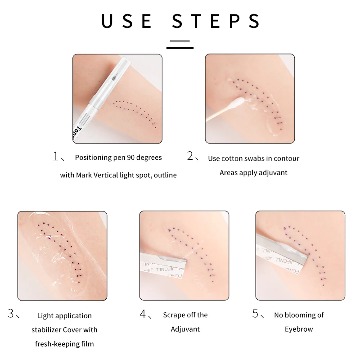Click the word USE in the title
(x=126, y=21)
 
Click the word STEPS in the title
(x=216, y=21)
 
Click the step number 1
(x=56, y=157)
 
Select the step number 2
(x=190, y=157)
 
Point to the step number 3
(x=11, y=314)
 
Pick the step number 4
(x=144, y=314)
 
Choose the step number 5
(x=256, y=314)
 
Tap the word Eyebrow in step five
(x=298, y=329)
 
